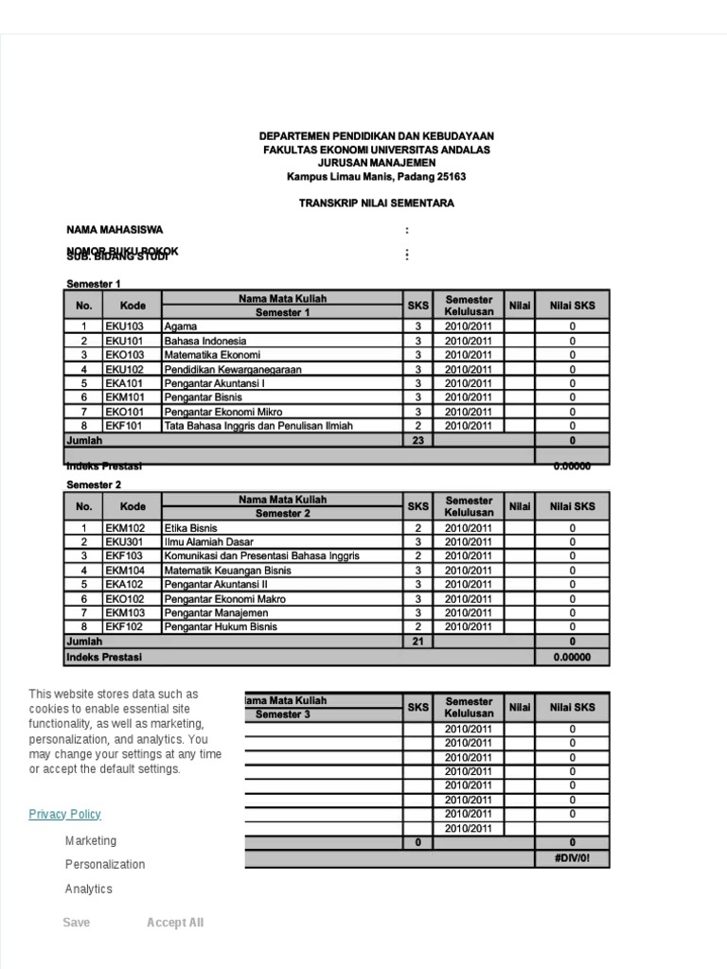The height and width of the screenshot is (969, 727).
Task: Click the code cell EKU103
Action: coord(125,326)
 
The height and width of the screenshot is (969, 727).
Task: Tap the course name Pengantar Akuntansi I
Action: coord(215,383)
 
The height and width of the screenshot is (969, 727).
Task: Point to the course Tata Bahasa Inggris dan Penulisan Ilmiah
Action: coord(258,426)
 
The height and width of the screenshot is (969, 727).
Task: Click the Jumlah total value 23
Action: coord(417,440)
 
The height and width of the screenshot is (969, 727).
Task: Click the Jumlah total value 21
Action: coord(417,642)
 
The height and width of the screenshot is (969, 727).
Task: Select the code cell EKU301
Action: coord(125,542)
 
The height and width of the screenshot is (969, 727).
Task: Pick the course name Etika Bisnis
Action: coord(191,528)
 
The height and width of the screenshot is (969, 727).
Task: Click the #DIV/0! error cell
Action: coord(572,857)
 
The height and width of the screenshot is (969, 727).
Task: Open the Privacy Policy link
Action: coord(64,814)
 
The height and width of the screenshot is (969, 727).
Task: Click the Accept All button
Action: coord(175,923)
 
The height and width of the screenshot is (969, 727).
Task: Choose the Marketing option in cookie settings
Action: coord(91,840)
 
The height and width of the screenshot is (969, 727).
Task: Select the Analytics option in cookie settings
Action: coord(89,889)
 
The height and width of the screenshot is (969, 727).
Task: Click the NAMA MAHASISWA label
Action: coord(115,229)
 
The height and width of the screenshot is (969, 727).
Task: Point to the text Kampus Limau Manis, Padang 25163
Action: coord(377,177)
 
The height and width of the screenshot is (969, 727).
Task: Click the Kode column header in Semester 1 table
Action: coord(133,306)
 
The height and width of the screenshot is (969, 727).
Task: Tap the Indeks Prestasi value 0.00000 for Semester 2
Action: coord(572,656)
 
